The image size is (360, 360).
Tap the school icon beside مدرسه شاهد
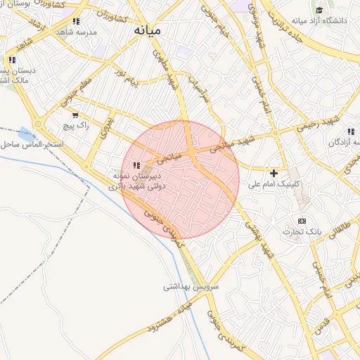point(76,21)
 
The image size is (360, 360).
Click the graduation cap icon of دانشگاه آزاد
point(319,11)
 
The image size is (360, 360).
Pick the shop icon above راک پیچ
point(75,114)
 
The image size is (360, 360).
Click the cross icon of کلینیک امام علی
point(274,172)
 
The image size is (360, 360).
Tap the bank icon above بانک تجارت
point(302,221)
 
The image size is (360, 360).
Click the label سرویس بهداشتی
point(191,287)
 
